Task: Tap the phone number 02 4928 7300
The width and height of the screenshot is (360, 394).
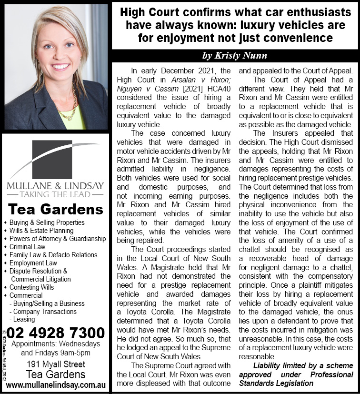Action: (x=56, y=332)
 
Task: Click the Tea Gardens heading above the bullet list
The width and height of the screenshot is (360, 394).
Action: (x=56, y=209)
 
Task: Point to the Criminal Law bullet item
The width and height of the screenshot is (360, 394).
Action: (x=28, y=247)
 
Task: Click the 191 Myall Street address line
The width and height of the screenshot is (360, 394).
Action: (x=56, y=364)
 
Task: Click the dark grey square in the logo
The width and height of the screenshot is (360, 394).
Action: (x=55, y=159)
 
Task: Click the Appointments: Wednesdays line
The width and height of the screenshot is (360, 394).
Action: (x=56, y=344)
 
